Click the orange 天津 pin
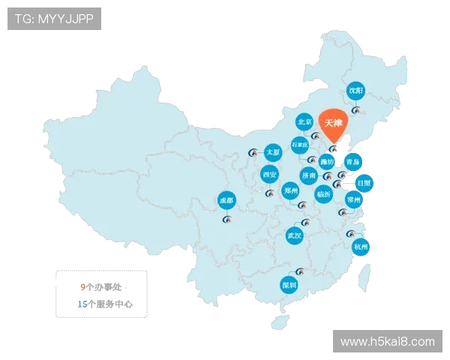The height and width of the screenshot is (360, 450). [334, 123]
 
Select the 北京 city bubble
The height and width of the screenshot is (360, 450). [304, 121]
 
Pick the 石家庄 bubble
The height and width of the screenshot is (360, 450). [299, 143]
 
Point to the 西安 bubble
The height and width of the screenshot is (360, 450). [270, 175]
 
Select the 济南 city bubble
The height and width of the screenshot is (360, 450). [308, 175]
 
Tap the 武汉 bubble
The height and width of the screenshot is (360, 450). [294, 235]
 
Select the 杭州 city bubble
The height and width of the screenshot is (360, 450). [361, 246]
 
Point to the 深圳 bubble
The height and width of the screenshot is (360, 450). [289, 285]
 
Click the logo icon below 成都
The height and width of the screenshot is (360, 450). [227, 220]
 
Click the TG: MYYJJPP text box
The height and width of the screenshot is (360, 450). [54, 19]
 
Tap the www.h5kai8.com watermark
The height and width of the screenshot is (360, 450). [387, 342]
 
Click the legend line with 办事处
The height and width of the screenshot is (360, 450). [103, 286]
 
